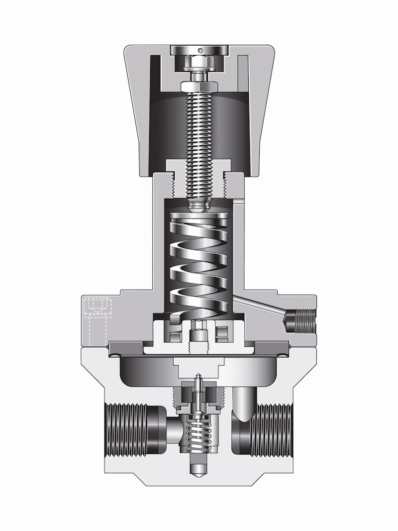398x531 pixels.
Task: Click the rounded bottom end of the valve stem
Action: [199, 471]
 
